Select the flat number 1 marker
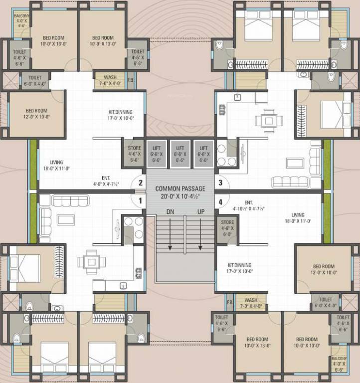[x=140, y=200]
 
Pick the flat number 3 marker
[x=219, y=183]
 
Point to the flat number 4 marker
[x=219, y=202]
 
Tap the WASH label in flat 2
[x=110, y=80]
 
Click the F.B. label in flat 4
[x=230, y=303]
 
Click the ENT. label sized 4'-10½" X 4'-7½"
[x=248, y=206]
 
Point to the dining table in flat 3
[x=269, y=120]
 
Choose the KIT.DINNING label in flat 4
[x=239, y=268]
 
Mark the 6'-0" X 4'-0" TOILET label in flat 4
[x=325, y=303]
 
